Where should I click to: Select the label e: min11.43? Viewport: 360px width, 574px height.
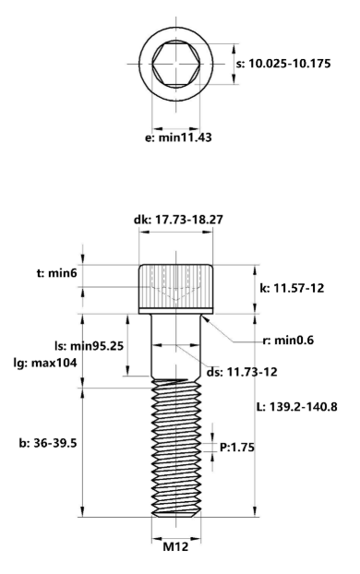[x=175, y=138]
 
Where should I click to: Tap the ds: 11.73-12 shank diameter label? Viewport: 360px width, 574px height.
[x=241, y=371]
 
